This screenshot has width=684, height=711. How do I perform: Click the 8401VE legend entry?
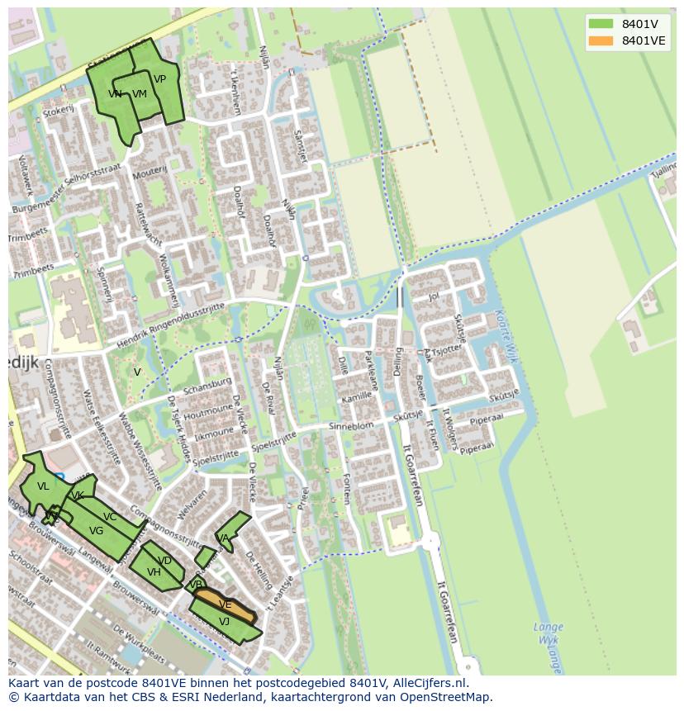(644, 40)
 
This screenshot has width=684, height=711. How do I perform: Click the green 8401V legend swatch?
(601, 24)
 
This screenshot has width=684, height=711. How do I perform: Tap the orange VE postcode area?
(226, 604)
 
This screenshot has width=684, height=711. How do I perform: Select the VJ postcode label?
(224, 622)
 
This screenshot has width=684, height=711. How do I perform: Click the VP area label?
(159, 79)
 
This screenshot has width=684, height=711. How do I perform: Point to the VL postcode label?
(43, 486)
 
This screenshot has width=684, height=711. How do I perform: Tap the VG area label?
(96, 531)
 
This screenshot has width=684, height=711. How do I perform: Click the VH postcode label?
(154, 572)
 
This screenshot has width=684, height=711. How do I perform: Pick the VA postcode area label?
(222, 538)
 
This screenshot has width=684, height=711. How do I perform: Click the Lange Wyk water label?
(548, 633)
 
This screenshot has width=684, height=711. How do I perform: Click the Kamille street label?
(356, 397)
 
